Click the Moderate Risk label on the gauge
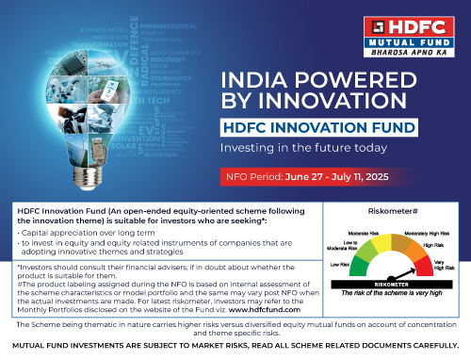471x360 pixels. [x=369, y=232]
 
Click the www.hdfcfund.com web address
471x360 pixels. [x=284, y=307]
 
